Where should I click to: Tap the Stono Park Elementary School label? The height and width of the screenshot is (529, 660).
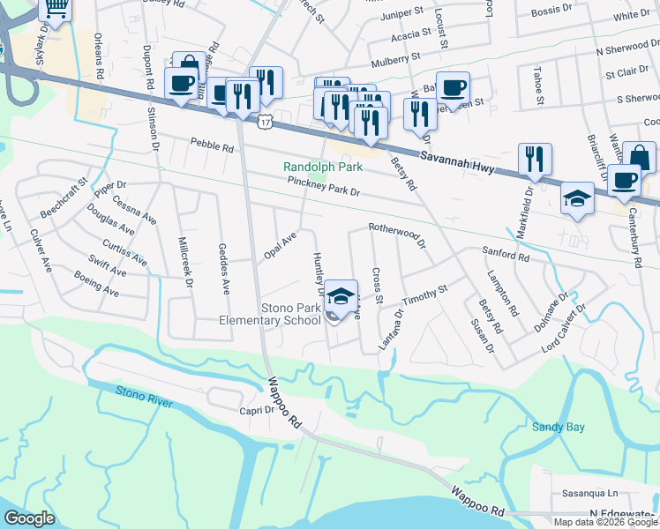click(270, 315)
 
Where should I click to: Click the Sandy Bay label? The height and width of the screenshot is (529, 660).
click(558, 428)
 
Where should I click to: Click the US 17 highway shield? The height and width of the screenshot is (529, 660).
click(265, 122)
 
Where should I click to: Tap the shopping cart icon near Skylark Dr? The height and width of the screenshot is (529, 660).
click(56, 11)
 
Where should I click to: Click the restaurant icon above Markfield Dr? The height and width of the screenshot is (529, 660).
click(535, 159)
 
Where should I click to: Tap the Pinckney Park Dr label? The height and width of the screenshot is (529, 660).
click(325, 186)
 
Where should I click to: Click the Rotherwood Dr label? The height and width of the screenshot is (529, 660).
click(397, 235)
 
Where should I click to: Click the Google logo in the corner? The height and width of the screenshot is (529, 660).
click(29, 518)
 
